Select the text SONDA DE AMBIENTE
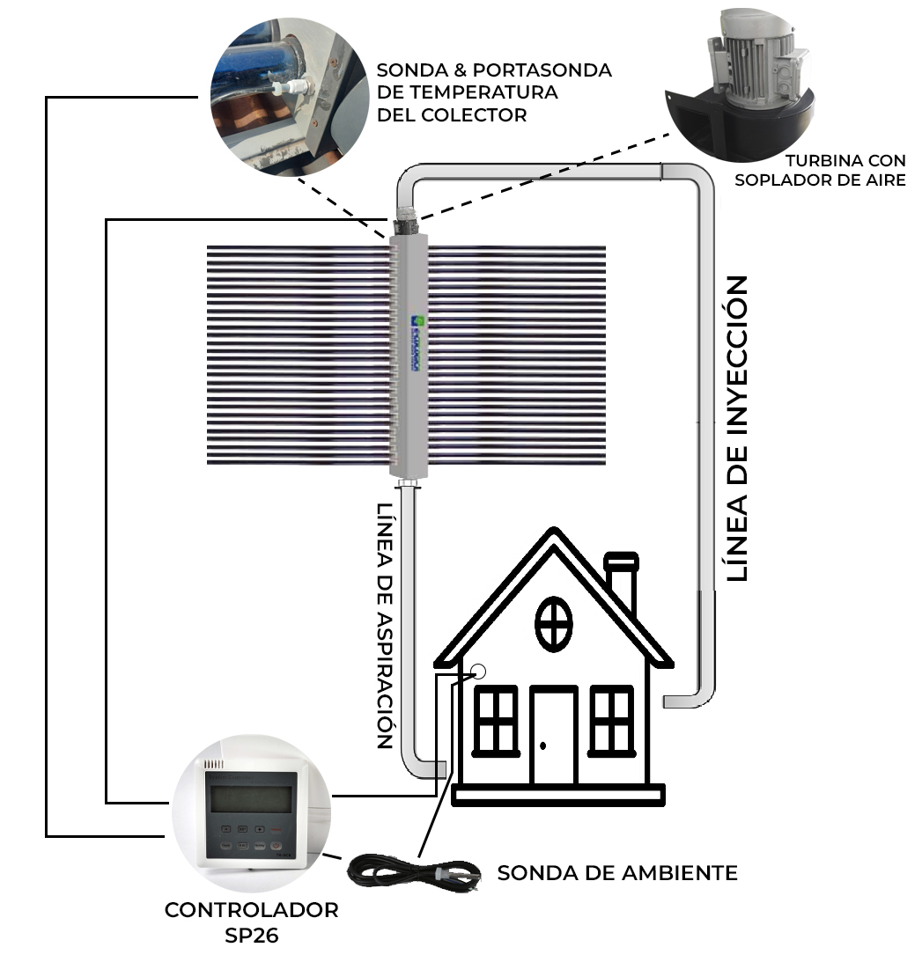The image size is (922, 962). pyautogui.click(x=617, y=873)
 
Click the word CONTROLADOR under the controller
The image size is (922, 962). pyautogui.click(x=251, y=910)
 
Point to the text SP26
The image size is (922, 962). pyautogui.click(x=251, y=936)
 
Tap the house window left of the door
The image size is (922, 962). pyautogui.click(x=496, y=720)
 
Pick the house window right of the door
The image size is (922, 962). pyautogui.click(x=612, y=720)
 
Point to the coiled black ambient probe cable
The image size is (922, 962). pyautogui.click(x=414, y=874)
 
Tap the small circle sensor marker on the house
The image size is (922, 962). pyautogui.click(x=479, y=672)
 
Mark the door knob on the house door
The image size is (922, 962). pyautogui.click(x=543, y=745)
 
